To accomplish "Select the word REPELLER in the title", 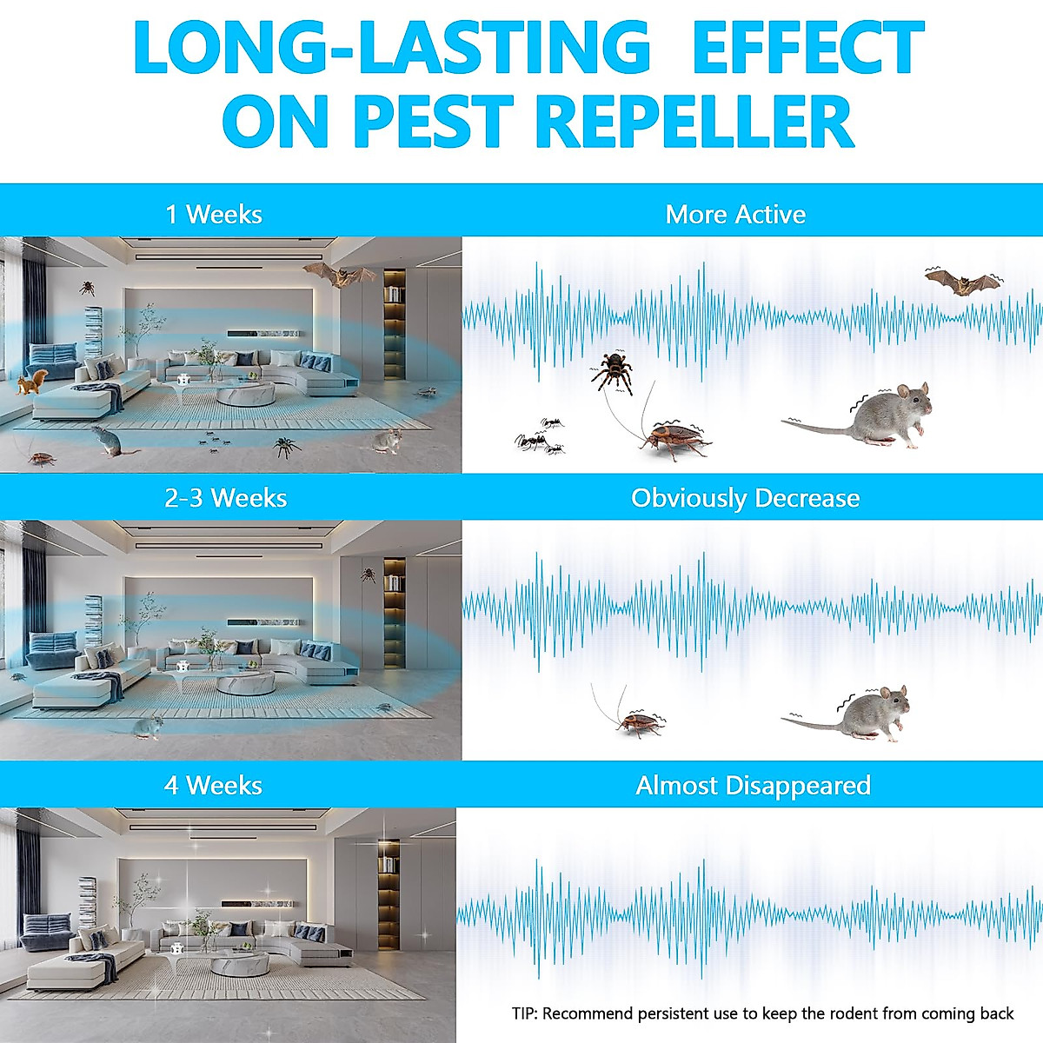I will (x=695, y=123).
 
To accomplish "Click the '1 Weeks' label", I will (x=214, y=214).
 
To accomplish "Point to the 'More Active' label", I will (x=735, y=215).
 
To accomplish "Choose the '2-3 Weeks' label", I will (x=226, y=498).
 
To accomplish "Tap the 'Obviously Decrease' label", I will (x=745, y=498).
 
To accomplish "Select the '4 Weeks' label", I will (x=214, y=786).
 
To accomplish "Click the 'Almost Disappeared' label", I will (x=753, y=786).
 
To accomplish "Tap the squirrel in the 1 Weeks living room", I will (x=33, y=382).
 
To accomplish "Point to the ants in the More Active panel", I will (x=539, y=436).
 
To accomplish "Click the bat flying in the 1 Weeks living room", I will (x=339, y=276).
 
